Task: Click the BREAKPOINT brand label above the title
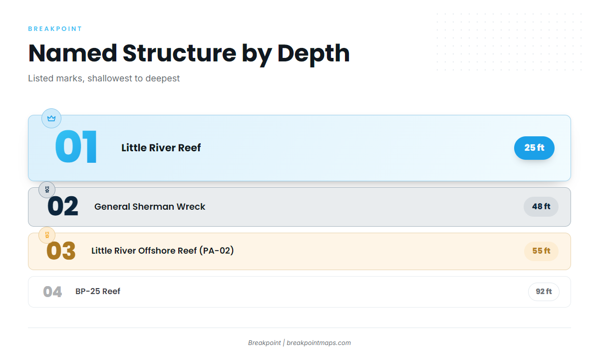pyautogui.click(x=55, y=29)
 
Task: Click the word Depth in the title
pyautogui.click(x=313, y=54)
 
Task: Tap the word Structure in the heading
pyautogui.click(x=179, y=53)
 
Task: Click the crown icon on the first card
pyautogui.click(x=51, y=118)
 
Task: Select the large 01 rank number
pyautogui.click(x=76, y=147)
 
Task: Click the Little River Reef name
pyautogui.click(x=161, y=148)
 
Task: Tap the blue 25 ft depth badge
pyautogui.click(x=534, y=148)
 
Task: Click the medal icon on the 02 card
pyautogui.click(x=47, y=190)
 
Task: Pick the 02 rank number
pyautogui.click(x=63, y=206)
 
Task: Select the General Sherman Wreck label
pyautogui.click(x=150, y=207)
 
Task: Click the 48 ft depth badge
pyautogui.click(x=541, y=207)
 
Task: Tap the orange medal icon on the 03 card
pyautogui.click(x=47, y=235)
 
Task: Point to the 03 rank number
pyautogui.click(x=61, y=251)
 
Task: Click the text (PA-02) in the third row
pyautogui.click(x=217, y=251)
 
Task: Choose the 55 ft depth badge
pyautogui.click(x=541, y=251)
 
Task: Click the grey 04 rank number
pyautogui.click(x=52, y=292)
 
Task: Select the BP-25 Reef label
pyautogui.click(x=98, y=291)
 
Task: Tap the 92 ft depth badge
pyautogui.click(x=544, y=292)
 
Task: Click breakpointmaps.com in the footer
pyautogui.click(x=319, y=343)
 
